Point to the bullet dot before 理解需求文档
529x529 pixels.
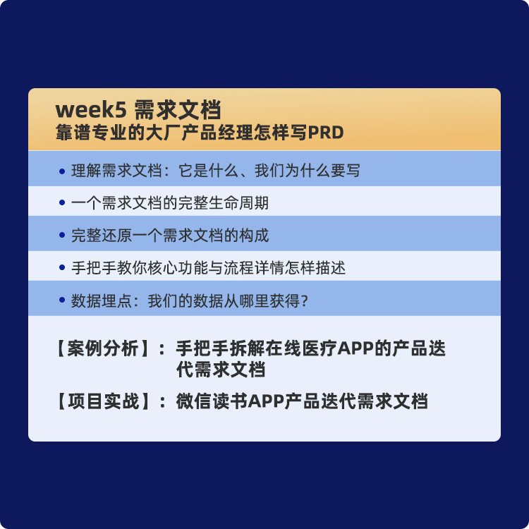pos(63,171)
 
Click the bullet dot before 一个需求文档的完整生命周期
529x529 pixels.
pos(63,204)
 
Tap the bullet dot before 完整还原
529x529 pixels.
pos(63,236)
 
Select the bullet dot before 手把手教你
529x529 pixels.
pos(63,269)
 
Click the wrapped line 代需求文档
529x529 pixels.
pos(220,370)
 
